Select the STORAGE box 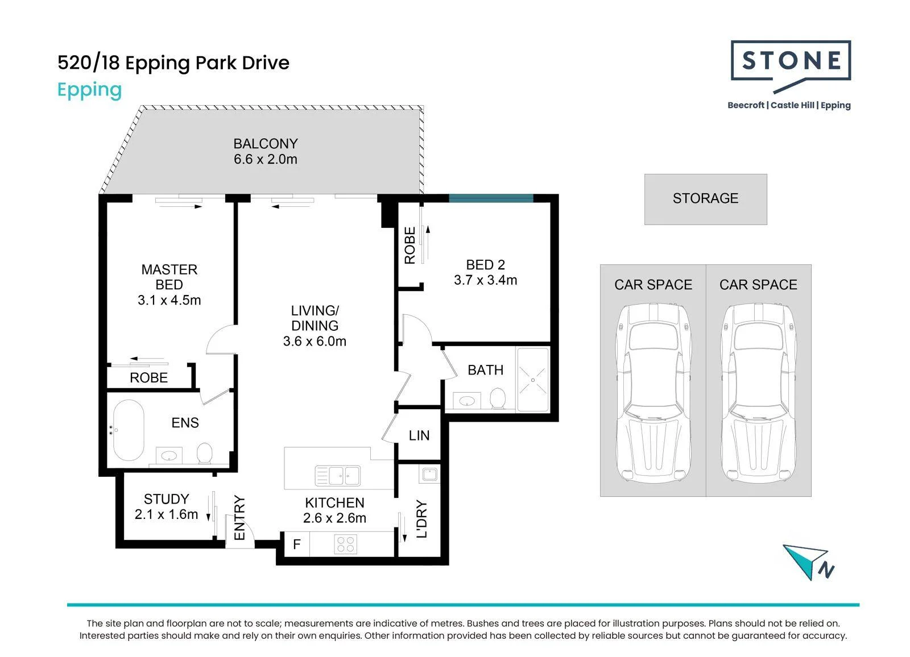706,199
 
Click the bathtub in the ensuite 129,430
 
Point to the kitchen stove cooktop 346,544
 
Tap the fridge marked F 296,544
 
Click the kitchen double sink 338,476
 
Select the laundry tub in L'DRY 429,474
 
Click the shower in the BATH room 532,380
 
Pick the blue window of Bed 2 491,198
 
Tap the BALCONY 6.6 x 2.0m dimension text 265,159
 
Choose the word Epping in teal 89,90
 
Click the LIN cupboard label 419,436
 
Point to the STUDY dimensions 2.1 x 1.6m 166,514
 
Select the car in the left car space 653,393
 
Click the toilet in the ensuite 204,453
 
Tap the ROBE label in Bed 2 410,246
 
